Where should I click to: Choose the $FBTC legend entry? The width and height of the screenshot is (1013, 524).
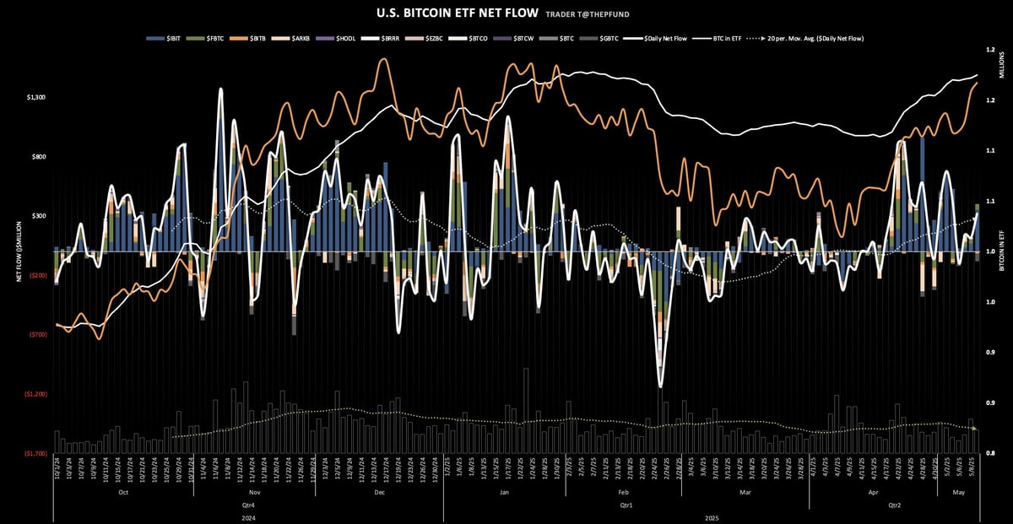tap(205, 39)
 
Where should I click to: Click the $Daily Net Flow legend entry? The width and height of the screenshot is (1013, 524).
tap(662, 39)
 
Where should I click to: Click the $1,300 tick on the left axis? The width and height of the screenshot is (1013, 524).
tap(35, 98)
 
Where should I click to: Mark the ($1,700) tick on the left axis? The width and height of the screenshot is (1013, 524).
tap(35, 453)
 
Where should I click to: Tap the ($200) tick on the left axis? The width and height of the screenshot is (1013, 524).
tap(36, 276)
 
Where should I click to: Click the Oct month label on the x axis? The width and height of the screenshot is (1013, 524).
tap(123, 491)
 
